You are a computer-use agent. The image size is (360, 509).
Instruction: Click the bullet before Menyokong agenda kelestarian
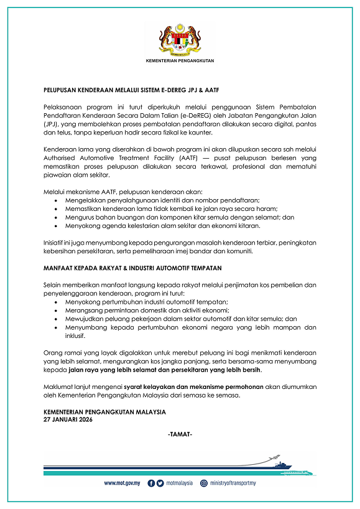(x=57, y=226)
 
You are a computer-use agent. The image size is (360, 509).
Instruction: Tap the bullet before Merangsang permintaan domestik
(x=57, y=310)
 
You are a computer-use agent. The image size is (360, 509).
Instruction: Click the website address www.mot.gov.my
(x=121, y=483)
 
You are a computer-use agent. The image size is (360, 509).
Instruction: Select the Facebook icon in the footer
(x=151, y=483)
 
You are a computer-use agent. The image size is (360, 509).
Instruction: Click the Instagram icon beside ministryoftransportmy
(x=203, y=483)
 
